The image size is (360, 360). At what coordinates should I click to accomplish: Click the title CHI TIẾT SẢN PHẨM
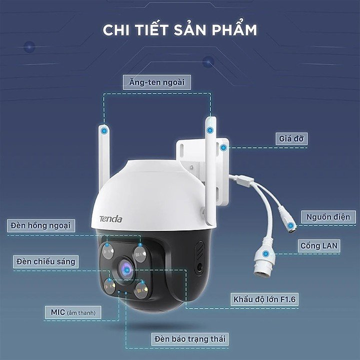[x=180, y=29]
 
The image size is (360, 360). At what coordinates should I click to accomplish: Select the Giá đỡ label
[x=290, y=138]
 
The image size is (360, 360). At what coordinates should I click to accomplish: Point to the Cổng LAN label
[x=318, y=245]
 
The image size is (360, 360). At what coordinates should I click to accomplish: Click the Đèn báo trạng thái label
[x=190, y=339]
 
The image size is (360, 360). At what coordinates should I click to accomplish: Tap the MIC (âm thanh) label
[x=73, y=312]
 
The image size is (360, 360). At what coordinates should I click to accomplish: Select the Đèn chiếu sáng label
[x=45, y=261]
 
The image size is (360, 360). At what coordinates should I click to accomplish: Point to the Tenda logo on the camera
[x=110, y=218]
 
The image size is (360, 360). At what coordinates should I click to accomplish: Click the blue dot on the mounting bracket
[x=224, y=147]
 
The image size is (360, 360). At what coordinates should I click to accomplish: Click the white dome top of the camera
[x=150, y=185]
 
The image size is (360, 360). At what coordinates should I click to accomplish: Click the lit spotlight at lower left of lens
[x=108, y=286]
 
